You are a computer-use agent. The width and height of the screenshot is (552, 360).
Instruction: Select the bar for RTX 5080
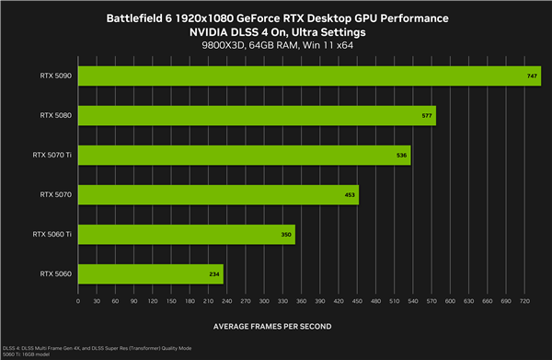tap(257, 115)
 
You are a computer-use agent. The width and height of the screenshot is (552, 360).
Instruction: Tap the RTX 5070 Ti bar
tap(244, 155)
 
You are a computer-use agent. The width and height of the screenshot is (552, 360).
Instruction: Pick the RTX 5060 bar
tap(151, 273)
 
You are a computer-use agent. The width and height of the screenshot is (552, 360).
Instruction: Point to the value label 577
tap(427, 115)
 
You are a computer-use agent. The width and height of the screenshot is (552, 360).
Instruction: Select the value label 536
tap(401, 155)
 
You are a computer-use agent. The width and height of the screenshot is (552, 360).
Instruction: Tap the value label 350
tap(286, 235)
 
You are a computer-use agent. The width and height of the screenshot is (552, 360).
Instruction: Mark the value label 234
tap(214, 274)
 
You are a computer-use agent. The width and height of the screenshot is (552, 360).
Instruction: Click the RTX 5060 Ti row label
tap(52, 234)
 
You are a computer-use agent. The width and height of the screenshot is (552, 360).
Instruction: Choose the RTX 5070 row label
tap(56, 194)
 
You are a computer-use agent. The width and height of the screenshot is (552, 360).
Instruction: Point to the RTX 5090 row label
tap(56, 75)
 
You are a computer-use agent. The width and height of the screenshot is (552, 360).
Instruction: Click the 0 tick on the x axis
tap(79, 300)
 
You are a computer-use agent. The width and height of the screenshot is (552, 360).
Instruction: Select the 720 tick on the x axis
tap(523, 300)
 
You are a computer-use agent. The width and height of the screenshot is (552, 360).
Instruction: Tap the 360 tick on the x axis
tap(301, 300)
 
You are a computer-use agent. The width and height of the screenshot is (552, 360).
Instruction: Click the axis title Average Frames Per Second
tap(272, 326)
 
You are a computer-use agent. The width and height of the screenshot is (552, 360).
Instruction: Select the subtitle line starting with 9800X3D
tap(276, 45)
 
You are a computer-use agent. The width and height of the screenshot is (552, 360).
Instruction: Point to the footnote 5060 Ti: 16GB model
tap(26, 354)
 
